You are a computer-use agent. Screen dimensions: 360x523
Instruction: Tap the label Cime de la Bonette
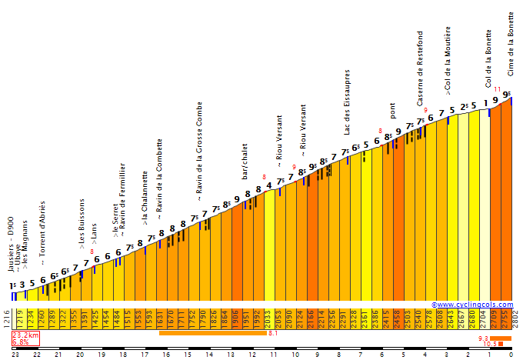(x=511, y=44)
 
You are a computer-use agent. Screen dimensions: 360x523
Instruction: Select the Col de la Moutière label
(x=448, y=61)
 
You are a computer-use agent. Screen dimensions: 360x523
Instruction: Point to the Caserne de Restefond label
(x=420, y=68)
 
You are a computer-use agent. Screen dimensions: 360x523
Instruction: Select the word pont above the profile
(x=393, y=111)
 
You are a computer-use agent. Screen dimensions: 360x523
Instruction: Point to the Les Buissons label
(x=82, y=224)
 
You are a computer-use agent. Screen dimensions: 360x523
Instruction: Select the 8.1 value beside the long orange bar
(x=273, y=333)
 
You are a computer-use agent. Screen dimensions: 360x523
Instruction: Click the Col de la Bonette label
(x=488, y=58)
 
